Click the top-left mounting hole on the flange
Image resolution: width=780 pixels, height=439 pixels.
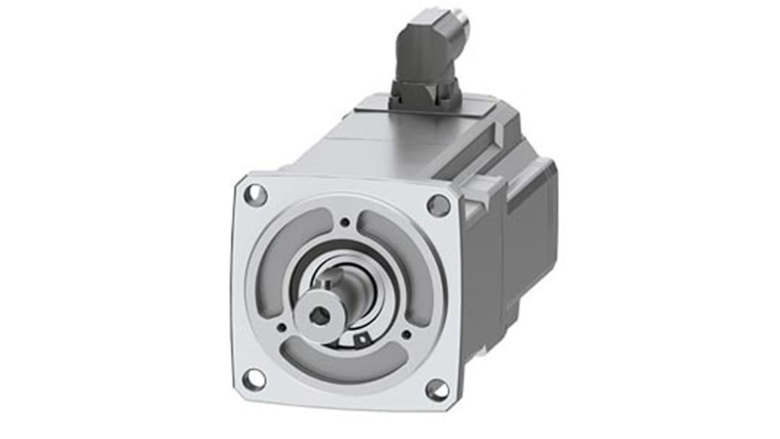pos(255,195)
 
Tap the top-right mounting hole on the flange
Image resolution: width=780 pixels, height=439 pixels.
pos(438,205)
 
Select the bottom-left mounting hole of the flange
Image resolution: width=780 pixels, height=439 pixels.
pos(254,379)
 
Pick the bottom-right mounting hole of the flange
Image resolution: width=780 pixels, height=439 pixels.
pos(437,390)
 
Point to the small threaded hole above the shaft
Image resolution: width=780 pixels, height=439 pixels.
pos(345,222)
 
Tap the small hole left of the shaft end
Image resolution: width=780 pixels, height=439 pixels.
pos(281,328)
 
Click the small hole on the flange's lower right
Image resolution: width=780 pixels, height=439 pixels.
pos(406,334)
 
